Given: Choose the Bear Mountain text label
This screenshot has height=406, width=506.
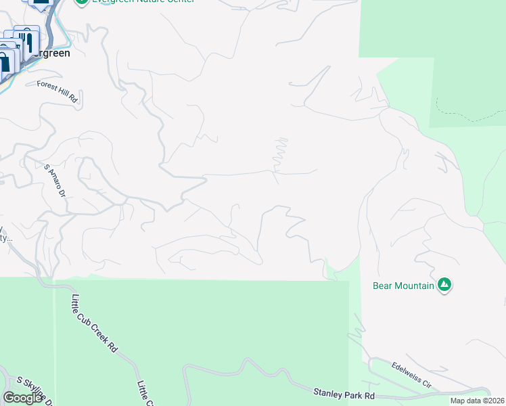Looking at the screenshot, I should coord(403,286).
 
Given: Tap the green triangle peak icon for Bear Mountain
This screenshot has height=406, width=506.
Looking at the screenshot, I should coord(444,285).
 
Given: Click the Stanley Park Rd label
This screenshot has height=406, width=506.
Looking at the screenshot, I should coord(344,392).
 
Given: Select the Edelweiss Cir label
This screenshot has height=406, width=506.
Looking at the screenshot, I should coord(411,374).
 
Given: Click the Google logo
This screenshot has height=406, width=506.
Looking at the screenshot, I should coord(23,398).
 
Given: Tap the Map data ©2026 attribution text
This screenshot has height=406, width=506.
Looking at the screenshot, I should coord(477,401).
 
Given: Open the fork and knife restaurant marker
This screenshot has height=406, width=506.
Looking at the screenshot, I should coord(26,39).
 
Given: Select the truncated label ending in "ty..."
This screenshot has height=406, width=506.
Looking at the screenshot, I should coord(5,238).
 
